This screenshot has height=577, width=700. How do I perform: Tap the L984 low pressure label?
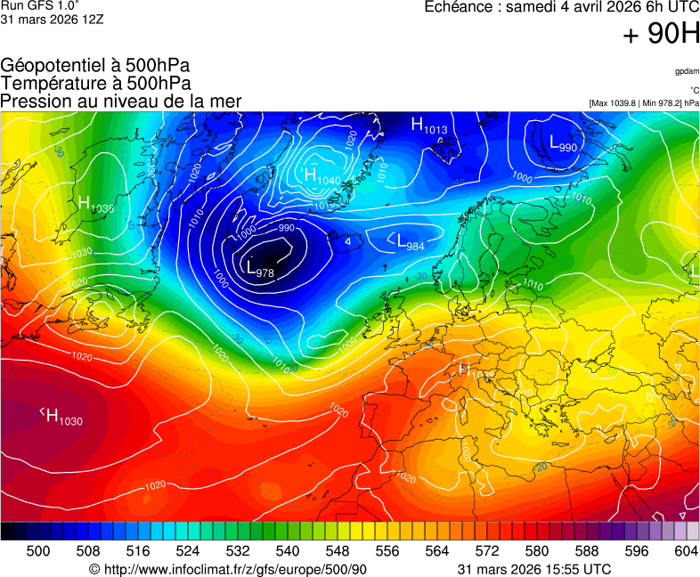coord(410,241)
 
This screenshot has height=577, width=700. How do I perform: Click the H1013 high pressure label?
coord(428,126)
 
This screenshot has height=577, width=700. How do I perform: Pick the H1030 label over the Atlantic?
coord(61,416)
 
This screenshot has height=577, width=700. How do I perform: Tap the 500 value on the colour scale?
coord(38,551)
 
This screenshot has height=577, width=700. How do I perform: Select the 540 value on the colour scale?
coord(288,551)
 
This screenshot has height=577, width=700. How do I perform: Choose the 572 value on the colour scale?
coord(487,551)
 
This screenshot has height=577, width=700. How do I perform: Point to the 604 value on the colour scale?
coord(686,551)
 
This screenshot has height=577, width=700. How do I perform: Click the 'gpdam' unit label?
coord(687,71)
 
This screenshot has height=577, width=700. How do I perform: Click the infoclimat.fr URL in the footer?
coord(229,569)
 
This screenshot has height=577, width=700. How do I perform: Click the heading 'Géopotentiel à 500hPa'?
coord(95,66)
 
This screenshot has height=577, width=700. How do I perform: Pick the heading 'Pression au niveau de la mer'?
coord(121,101)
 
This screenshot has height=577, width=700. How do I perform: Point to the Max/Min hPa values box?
coord(644,103)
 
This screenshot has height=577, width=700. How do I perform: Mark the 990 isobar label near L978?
coord(286,228)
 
